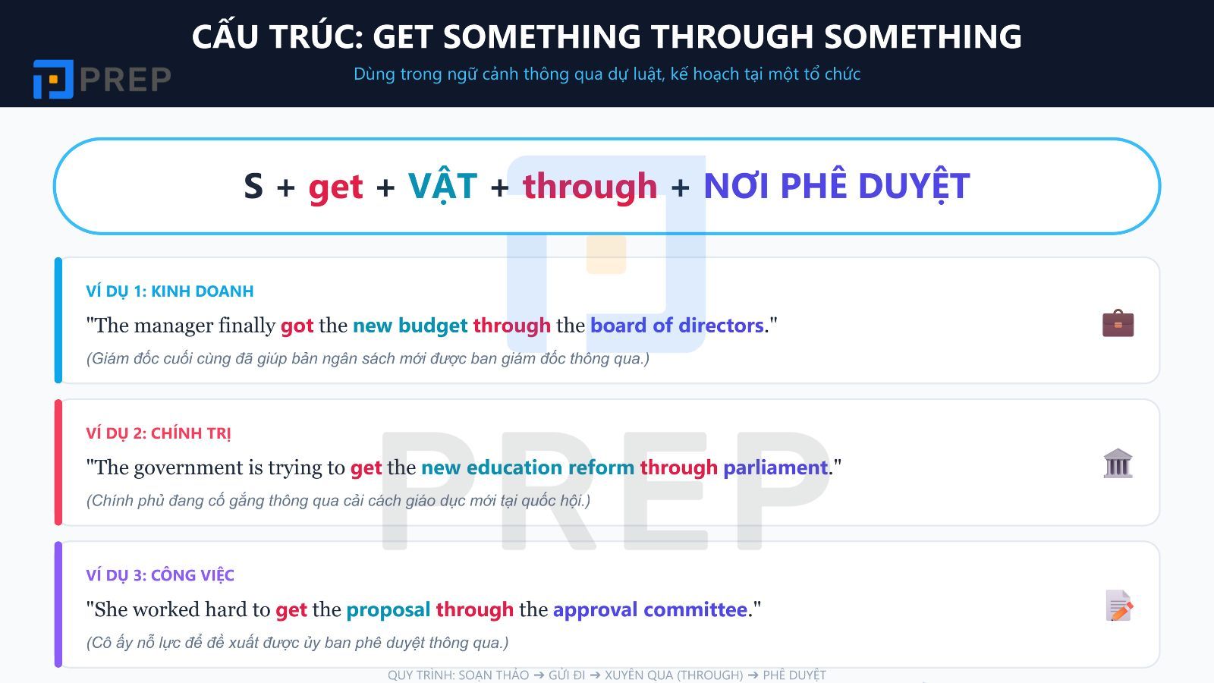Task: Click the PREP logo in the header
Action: (102, 79)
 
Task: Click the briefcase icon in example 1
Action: (1118, 323)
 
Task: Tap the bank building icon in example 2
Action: (1118, 464)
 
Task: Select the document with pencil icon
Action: (1118, 606)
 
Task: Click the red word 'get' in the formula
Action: (335, 187)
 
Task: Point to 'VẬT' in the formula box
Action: (442, 187)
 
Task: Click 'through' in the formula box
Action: (590, 187)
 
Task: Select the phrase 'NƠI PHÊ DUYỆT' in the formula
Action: (836, 187)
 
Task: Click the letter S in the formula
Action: (253, 187)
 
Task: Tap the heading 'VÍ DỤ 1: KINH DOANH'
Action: (170, 291)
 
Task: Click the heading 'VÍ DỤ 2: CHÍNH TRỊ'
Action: (159, 433)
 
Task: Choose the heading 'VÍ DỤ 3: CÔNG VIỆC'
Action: (160, 575)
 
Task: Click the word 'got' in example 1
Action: (297, 326)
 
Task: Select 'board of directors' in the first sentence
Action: (677, 326)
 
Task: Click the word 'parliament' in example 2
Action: (775, 467)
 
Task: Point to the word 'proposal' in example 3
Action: (388, 609)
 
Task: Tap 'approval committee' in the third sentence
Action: (650, 609)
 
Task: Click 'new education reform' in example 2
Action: (527, 467)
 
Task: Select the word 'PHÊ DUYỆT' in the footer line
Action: (794, 675)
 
